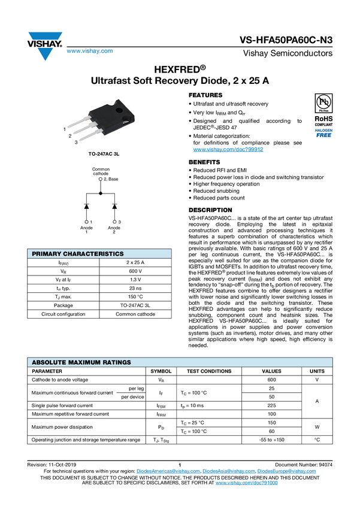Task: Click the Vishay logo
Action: (44, 46)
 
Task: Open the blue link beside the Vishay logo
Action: (89, 51)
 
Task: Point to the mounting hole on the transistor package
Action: (120, 110)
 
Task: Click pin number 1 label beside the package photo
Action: (65, 129)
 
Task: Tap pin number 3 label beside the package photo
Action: (76, 142)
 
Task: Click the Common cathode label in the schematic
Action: (101, 171)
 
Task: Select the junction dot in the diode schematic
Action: (101, 193)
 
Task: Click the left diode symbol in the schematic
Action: (87, 207)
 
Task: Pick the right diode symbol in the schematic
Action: (114, 207)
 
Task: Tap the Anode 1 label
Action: (87, 230)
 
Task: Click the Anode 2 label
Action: (114, 230)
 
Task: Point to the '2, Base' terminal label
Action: (110, 179)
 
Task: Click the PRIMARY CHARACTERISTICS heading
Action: (77, 254)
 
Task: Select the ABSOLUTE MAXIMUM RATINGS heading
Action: (81, 362)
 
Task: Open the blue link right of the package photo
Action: (228, 149)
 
